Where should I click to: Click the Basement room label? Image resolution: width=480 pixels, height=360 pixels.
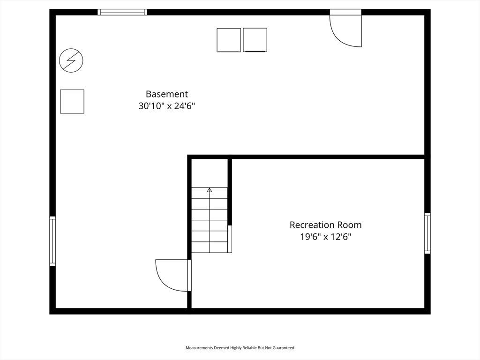click(x=166, y=94)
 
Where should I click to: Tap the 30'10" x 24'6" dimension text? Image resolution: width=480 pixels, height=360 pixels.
click(x=166, y=106)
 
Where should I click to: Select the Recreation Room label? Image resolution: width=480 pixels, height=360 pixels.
click(x=325, y=225)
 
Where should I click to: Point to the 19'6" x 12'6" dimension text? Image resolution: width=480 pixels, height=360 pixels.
click(x=325, y=237)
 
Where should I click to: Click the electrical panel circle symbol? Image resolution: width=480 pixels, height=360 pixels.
click(x=71, y=60)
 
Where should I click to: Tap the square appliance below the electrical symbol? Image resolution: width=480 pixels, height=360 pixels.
click(x=72, y=102)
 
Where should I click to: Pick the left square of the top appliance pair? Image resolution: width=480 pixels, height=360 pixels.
click(x=229, y=40)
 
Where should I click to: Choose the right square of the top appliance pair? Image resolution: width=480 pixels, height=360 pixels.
click(x=255, y=40)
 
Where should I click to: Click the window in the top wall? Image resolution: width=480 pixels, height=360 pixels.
click(x=122, y=12)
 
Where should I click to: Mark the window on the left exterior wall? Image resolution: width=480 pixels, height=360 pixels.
click(x=52, y=240)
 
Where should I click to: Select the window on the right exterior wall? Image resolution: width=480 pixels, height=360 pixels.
click(x=427, y=233)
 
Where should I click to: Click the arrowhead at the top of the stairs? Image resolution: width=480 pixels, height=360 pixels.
click(x=210, y=190)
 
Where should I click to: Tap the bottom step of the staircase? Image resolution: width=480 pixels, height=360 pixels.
click(x=210, y=247)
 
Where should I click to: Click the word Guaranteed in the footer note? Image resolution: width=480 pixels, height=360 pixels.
click(x=284, y=348)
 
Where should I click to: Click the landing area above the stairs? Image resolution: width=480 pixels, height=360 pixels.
click(x=210, y=173)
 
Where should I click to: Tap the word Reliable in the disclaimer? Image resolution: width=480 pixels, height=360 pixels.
click(x=250, y=348)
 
